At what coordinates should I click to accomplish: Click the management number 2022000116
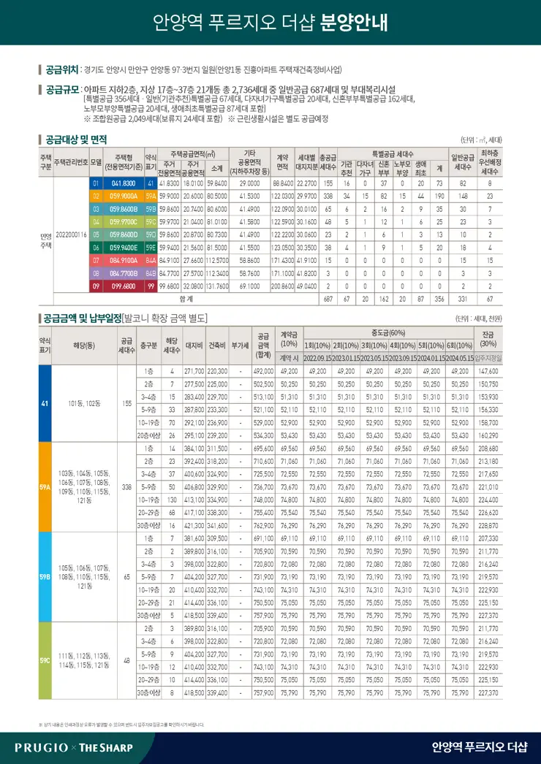click(x=71, y=234)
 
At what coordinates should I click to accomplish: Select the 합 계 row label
click(x=186, y=299)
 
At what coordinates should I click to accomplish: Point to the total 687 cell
click(x=328, y=299)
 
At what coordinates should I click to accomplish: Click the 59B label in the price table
click(x=45, y=577)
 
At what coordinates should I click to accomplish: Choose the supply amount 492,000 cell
click(x=262, y=371)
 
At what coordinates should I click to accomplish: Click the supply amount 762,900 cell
click(x=262, y=526)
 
